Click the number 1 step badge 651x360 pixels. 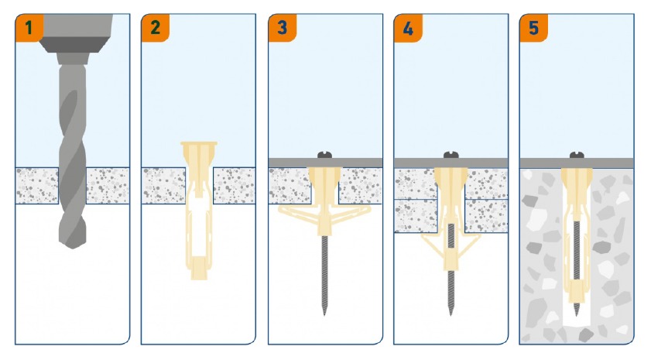29,27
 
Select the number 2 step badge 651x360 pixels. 156,27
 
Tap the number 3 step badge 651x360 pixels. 283,27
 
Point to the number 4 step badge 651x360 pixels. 408,27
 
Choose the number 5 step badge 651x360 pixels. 534,27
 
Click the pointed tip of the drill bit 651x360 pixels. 73,248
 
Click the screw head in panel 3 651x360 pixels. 325,155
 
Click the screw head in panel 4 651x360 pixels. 451,155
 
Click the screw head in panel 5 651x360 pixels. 577,155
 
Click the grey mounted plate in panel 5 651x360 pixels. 577,163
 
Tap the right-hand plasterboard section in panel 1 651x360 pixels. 108,186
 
